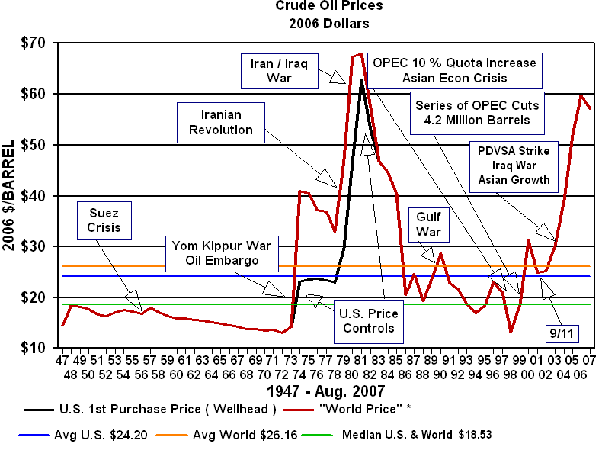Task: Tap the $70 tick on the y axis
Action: [33, 43]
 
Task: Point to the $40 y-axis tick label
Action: [33, 196]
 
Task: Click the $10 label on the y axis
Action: [33, 348]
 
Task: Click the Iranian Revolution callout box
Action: [221, 122]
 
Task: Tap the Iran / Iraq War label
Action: [272, 70]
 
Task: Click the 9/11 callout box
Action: [562, 333]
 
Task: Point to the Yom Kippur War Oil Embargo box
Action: [223, 253]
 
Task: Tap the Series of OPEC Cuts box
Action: [477, 111]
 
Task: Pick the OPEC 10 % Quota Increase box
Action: [454, 70]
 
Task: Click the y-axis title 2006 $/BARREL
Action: [10, 195]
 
